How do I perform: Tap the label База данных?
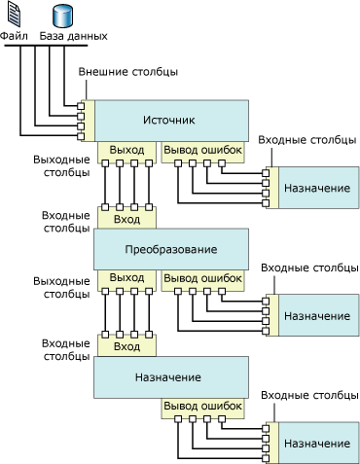[x=73, y=36]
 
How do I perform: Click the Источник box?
[x=169, y=121]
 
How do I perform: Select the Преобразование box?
[x=169, y=250]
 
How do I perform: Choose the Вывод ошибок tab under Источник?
[x=200, y=150]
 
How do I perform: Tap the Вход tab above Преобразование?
[x=126, y=220]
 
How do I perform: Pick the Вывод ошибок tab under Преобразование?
[x=200, y=278]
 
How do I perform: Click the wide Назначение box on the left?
[x=169, y=377]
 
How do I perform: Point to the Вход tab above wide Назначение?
[x=126, y=347]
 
